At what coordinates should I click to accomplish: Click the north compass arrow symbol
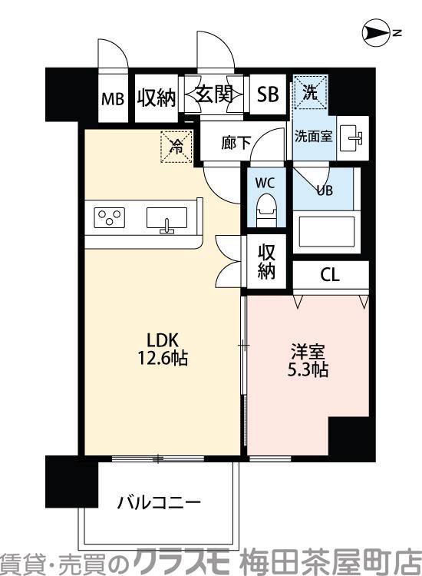coord(375,33)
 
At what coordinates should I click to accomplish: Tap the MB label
coord(114,99)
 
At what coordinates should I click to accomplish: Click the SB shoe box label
coord(268,95)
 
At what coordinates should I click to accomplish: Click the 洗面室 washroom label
coord(313,136)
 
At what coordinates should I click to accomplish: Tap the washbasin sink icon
coord(354,136)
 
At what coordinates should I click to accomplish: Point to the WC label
coord(265,184)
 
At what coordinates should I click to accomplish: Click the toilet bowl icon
coord(265,208)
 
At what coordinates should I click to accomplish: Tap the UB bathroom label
coord(324,190)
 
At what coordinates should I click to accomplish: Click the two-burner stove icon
coord(110,217)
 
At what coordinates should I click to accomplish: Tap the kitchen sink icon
coord(166,219)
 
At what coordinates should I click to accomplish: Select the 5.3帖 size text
coord(309,370)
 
